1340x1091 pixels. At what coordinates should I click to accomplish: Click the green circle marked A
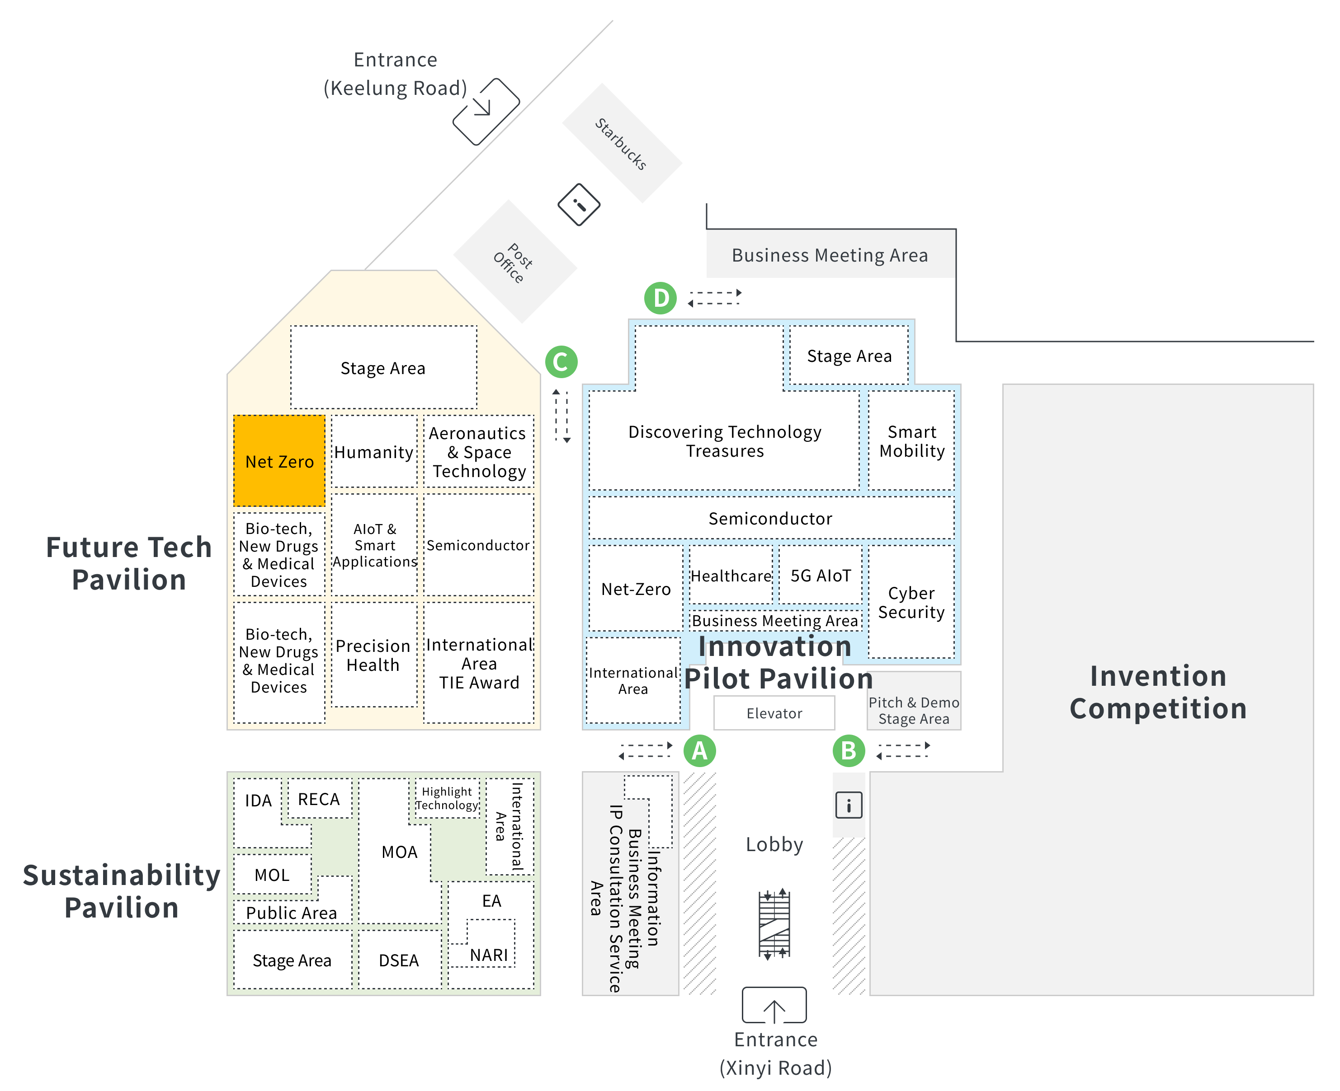click(x=699, y=750)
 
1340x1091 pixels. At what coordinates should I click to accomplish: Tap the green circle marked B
click(x=849, y=750)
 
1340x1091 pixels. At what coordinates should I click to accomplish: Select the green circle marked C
click(x=561, y=361)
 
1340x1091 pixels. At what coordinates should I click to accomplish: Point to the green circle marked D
click(x=660, y=298)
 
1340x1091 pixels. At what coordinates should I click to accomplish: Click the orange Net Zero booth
click(x=279, y=461)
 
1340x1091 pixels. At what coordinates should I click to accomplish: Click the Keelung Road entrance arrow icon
click(x=486, y=111)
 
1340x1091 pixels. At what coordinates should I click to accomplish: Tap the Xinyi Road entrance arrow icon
click(x=774, y=1005)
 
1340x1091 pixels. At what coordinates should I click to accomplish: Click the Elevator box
click(x=774, y=713)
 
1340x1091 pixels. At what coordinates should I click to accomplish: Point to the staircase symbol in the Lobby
click(x=774, y=923)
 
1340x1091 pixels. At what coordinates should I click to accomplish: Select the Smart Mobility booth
click(x=911, y=440)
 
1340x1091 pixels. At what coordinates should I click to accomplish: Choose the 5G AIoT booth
click(x=820, y=574)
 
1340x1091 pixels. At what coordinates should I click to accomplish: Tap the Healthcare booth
click(x=731, y=574)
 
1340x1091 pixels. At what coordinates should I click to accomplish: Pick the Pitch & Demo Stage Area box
click(x=914, y=701)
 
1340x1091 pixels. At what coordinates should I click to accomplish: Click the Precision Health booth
click(x=373, y=655)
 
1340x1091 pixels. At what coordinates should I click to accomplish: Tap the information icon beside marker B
click(x=848, y=805)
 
